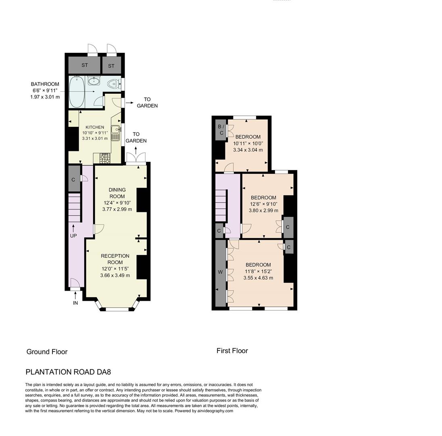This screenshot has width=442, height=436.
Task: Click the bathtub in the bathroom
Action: [77, 92]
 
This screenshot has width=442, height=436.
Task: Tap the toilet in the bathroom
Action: [114, 84]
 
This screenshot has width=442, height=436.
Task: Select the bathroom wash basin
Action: [94, 81]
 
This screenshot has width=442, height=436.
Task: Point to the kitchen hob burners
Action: [105, 159]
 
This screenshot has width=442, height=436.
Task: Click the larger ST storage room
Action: [84, 65]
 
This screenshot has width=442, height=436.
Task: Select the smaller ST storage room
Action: [111, 65]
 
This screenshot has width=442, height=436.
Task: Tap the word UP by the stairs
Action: [73, 235]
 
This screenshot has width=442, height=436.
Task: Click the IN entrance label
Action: [75, 303]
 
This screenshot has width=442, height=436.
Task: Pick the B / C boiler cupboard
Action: [221, 130]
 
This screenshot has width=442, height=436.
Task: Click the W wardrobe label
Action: [220, 272]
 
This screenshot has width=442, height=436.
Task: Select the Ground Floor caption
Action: [47, 352]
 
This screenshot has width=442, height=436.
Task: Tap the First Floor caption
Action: [232, 351]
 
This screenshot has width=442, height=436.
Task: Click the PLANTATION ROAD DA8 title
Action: [68, 372]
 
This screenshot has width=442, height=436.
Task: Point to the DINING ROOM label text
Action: [117, 193]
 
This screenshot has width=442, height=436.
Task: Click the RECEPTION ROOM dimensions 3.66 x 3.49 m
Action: [115, 275]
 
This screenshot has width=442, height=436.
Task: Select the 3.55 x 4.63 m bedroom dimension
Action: [258, 278]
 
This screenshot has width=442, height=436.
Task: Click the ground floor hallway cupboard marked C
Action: [73, 179]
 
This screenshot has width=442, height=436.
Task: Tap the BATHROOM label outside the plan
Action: [45, 84]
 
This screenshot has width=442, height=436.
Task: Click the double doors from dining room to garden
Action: [136, 158]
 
